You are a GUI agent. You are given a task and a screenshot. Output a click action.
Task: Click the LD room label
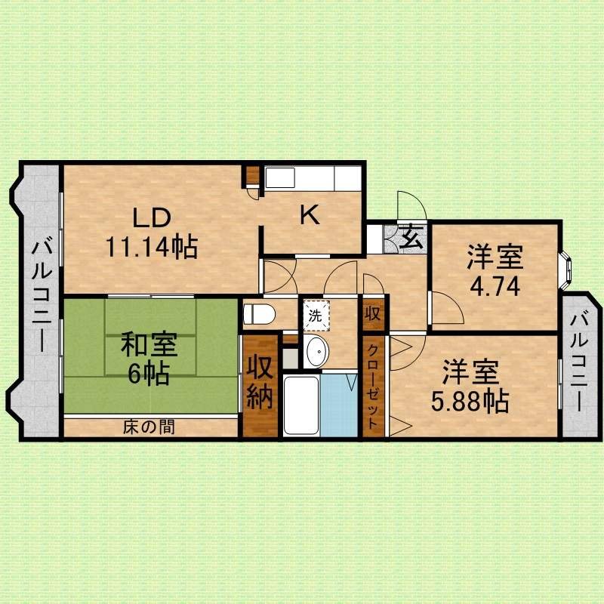click(x=152, y=217)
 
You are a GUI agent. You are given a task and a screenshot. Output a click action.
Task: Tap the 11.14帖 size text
click(x=152, y=247)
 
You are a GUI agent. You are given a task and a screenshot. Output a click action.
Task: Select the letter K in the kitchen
click(x=310, y=215)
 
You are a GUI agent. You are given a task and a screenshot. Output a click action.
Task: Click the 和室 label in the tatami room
click(x=149, y=344)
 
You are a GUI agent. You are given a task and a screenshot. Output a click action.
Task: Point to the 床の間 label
click(x=149, y=427)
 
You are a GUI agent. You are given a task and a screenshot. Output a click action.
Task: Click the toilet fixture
click(x=259, y=314)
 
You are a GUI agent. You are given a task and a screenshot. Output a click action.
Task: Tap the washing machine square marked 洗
click(x=316, y=316)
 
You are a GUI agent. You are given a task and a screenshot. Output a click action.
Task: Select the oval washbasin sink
click(x=316, y=351)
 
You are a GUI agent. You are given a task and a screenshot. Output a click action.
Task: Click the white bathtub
click(x=300, y=405)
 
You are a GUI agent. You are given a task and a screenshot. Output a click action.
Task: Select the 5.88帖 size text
click(x=470, y=402)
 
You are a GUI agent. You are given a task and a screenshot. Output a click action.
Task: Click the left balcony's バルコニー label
click(x=42, y=296)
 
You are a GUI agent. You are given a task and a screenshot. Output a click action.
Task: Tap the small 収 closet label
click(x=373, y=314)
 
